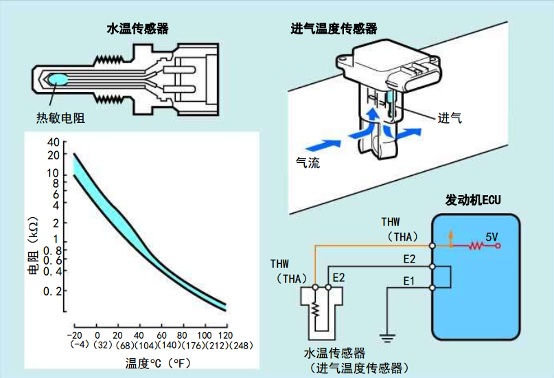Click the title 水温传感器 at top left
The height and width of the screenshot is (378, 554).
[x=137, y=29]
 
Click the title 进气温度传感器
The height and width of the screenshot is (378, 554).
[x=334, y=29]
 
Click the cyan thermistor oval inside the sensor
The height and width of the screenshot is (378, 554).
[x=57, y=80]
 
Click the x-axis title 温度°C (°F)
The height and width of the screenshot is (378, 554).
[x=157, y=362]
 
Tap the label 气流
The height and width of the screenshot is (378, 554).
[x=307, y=163]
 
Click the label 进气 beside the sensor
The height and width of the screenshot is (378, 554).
[x=450, y=118]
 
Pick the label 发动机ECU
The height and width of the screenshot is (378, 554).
[x=473, y=201]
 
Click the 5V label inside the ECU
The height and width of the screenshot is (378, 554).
[x=492, y=236]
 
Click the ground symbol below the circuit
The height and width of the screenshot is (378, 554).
[x=388, y=338]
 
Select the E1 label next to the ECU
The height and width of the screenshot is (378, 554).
[x=409, y=280]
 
